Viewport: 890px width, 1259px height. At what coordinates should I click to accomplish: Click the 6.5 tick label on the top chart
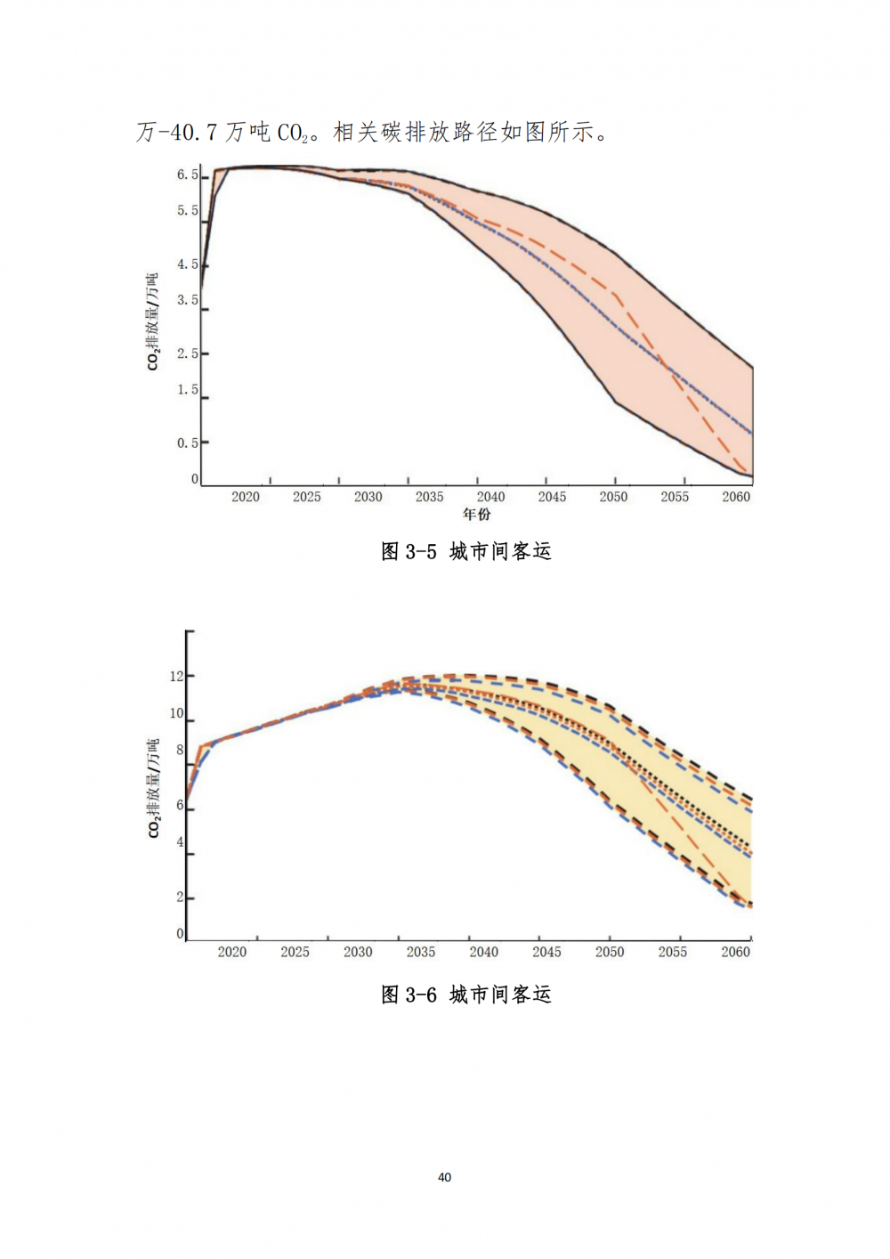click(x=187, y=175)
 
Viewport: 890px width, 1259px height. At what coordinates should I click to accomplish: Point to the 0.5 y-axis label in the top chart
click(x=187, y=443)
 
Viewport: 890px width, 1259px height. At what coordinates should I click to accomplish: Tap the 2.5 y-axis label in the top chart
click(x=187, y=353)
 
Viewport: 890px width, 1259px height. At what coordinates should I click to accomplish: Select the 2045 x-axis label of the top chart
click(x=552, y=497)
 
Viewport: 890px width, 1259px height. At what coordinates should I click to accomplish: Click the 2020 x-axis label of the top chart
click(x=246, y=497)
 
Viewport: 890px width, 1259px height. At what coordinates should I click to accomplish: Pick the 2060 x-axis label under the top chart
click(x=736, y=497)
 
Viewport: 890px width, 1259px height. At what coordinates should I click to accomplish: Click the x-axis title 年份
click(x=477, y=514)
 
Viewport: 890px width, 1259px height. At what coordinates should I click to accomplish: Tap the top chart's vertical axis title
click(x=153, y=321)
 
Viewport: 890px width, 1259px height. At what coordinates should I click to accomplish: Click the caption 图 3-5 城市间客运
click(x=466, y=552)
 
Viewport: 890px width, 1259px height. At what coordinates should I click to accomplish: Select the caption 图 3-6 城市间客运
click(x=466, y=995)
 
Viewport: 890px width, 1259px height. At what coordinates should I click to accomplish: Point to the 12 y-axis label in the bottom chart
click(x=176, y=676)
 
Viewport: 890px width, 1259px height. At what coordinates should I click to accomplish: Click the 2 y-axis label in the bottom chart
click(x=180, y=897)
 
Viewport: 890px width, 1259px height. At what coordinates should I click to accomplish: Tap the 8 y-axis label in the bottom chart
click(x=180, y=750)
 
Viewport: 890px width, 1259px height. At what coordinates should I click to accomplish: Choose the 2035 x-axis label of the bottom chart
click(x=421, y=952)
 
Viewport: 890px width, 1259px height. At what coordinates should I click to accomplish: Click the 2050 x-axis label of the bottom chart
click(x=610, y=952)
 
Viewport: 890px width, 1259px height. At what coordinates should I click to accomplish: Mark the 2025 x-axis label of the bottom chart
click(x=295, y=952)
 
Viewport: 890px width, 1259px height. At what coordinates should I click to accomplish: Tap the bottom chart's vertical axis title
click(x=153, y=788)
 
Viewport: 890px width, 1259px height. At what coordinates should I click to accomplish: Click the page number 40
click(x=445, y=1177)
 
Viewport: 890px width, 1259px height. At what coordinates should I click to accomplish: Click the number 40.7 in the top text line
click(x=193, y=133)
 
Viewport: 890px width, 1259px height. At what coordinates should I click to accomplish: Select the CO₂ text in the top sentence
click(x=293, y=134)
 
